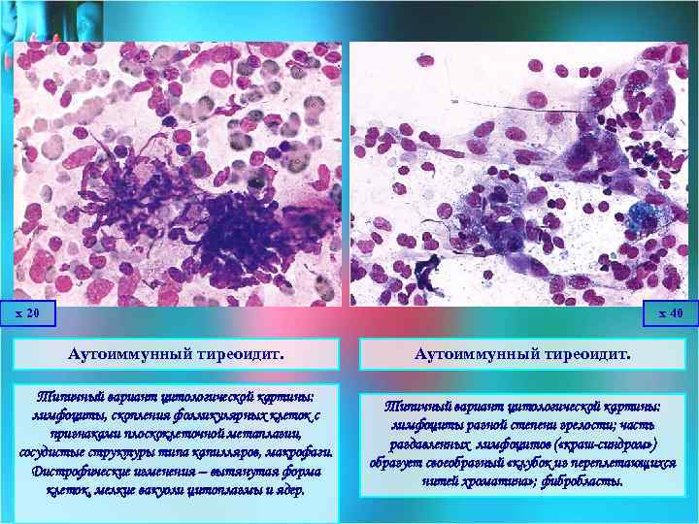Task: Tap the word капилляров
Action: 224,453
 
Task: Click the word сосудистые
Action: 52,453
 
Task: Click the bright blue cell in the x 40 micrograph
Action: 639,217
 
